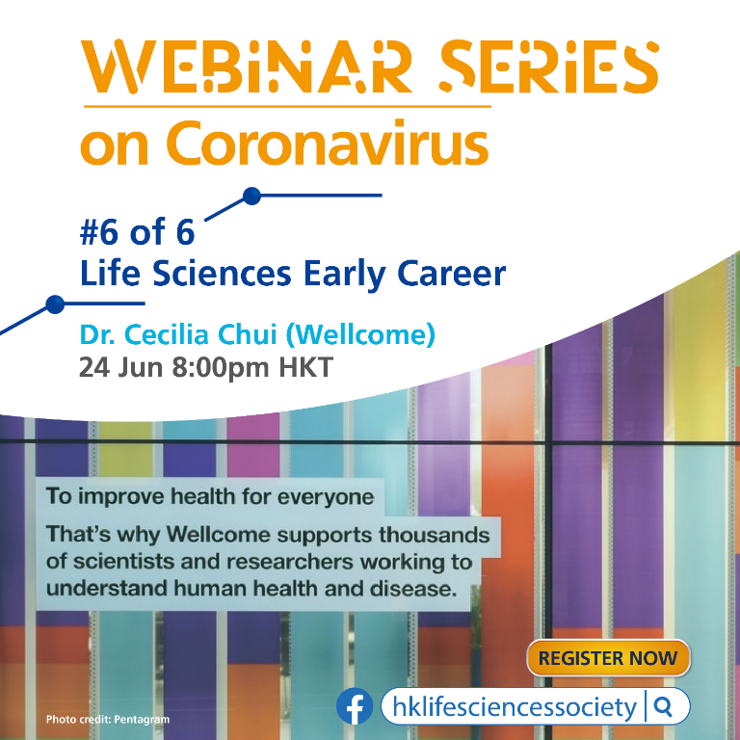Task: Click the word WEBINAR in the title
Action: click(246, 66)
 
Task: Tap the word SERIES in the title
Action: click(548, 66)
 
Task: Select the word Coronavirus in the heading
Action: click(327, 143)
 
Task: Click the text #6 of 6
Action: click(138, 231)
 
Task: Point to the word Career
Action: click(452, 274)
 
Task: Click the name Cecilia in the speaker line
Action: click(168, 334)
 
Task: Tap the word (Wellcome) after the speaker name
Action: click(360, 335)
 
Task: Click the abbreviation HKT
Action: click(306, 367)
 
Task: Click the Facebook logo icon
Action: click(355, 706)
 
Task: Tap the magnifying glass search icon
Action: click(664, 706)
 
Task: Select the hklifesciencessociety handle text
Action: click(515, 707)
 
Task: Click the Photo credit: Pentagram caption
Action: click(108, 720)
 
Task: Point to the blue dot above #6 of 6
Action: click(252, 196)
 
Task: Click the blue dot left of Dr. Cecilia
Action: click(55, 304)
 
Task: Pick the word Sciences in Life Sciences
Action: click(222, 274)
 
